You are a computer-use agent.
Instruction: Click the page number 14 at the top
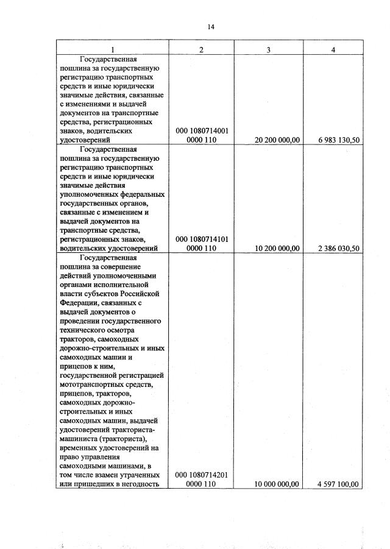click(x=211, y=27)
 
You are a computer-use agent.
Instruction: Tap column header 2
click(x=202, y=49)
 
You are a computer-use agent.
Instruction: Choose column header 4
click(x=333, y=49)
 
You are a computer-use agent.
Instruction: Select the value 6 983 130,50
click(x=339, y=140)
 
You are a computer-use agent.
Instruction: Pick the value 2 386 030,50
click(x=339, y=248)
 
